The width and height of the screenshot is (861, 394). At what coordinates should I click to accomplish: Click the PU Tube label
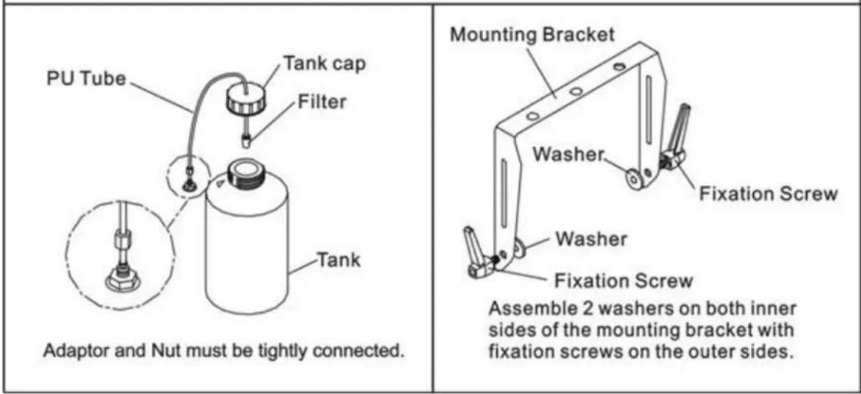tap(86, 79)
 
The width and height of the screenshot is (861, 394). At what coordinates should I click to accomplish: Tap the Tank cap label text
tap(325, 64)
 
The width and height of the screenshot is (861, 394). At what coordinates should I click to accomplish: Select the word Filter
tap(321, 101)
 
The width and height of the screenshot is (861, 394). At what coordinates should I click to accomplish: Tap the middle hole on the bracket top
tap(575, 92)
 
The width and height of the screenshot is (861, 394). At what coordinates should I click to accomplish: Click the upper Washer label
tap(568, 155)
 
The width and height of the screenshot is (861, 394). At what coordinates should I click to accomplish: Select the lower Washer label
tap(590, 239)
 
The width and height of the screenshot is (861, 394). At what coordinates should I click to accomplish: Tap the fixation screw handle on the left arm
tap(476, 252)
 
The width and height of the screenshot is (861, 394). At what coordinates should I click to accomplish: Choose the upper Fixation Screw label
tap(769, 194)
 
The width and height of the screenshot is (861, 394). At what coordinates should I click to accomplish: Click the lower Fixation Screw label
tap(623, 281)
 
